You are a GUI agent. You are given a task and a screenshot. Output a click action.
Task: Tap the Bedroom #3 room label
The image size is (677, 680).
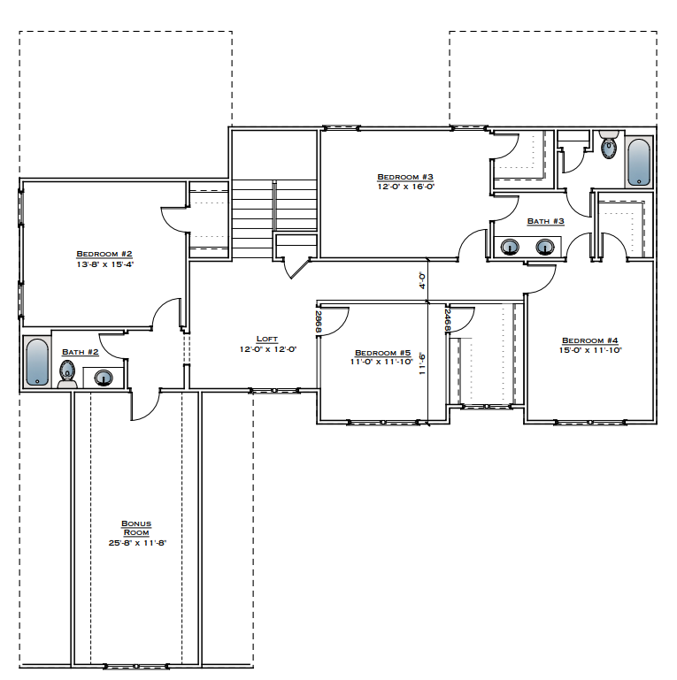[x=404, y=176]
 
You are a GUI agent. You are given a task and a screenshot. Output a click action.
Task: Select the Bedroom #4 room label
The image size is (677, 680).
[x=589, y=340]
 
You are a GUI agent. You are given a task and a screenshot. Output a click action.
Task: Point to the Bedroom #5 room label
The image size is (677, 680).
[x=383, y=351]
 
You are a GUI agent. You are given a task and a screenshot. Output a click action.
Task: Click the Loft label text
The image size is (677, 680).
[x=266, y=339]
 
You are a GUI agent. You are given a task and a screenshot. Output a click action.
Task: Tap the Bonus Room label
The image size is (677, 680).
[x=136, y=528]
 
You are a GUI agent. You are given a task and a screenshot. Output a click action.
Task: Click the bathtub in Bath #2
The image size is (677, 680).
[x=36, y=363]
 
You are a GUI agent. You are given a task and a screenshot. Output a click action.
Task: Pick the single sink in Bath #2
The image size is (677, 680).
[x=104, y=378]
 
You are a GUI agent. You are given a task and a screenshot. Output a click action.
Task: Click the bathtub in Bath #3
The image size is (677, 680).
[x=639, y=161]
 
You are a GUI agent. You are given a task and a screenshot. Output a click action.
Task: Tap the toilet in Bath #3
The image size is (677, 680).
[x=608, y=145]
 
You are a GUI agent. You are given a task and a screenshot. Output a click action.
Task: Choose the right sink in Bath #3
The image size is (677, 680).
[x=543, y=247]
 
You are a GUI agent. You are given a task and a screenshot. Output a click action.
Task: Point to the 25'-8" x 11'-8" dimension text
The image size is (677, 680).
[x=136, y=543]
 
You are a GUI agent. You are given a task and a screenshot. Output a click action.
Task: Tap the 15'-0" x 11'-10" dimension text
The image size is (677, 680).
[x=589, y=350]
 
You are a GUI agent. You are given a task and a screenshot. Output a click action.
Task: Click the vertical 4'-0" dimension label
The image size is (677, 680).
[x=423, y=280]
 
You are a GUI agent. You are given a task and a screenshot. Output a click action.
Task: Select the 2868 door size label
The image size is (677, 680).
[x=319, y=321]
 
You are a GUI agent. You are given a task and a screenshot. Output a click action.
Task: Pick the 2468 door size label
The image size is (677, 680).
[x=449, y=321]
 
